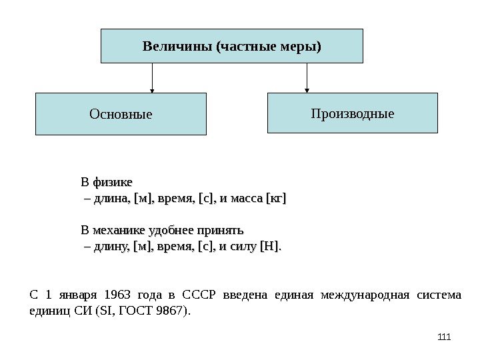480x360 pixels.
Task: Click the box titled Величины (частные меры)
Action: coord(231,46)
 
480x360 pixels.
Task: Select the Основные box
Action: coord(121,114)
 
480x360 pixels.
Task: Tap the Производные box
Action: coord(353,113)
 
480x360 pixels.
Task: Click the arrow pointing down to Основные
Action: coord(153,78)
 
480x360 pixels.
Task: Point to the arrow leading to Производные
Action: coord(307,77)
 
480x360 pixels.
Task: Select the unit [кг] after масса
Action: coord(275,198)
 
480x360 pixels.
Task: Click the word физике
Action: coord(113,181)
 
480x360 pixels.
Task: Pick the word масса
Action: coord(246,198)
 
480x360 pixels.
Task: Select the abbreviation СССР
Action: coord(201,295)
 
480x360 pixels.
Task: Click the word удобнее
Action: coord(170,231)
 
